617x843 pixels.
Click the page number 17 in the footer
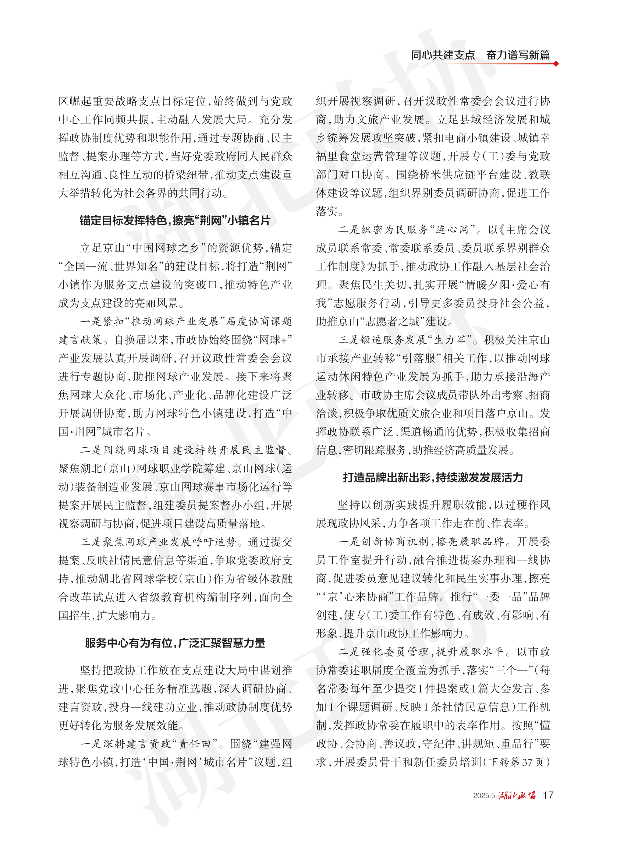pos(548,795)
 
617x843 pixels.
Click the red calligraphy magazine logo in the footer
pos(517,795)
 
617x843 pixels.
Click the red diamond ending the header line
pos(556,64)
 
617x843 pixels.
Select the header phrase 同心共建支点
pos(443,55)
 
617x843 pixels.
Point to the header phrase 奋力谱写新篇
pos(518,55)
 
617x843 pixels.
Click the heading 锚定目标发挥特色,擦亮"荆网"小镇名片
pos(175,220)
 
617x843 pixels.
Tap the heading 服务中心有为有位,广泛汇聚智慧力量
pos(175,643)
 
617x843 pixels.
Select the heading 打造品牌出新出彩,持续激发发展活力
pos(433,477)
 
